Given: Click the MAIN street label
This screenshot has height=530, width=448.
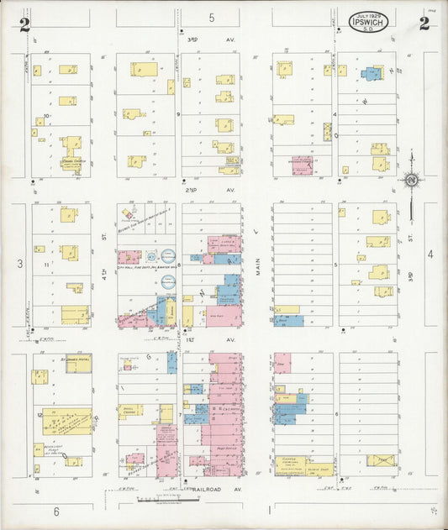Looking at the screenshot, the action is (257, 269).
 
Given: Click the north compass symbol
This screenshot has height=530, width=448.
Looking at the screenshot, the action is (411, 179).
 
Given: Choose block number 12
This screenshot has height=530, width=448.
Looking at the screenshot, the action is (40, 415).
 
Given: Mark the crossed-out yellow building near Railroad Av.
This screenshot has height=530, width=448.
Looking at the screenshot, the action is (381, 460).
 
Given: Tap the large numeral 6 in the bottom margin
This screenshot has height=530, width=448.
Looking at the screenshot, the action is (57, 511).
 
